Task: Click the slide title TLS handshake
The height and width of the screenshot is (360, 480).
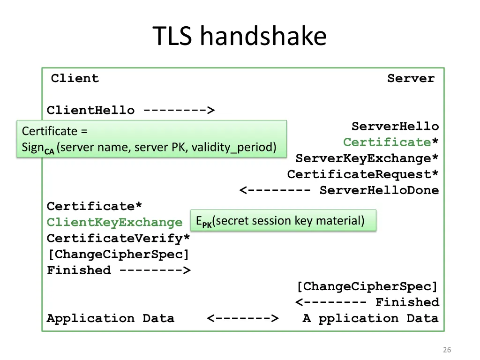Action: click(240, 37)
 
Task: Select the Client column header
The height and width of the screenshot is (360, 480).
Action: click(75, 78)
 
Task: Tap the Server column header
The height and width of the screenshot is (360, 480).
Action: click(411, 78)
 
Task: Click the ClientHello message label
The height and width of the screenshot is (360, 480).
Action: click(90, 111)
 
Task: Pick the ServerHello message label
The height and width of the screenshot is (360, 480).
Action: click(395, 127)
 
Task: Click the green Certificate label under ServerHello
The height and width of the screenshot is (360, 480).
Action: click(387, 142)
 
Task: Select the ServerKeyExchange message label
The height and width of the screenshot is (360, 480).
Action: click(367, 158)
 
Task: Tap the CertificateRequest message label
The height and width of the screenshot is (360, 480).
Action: click(363, 174)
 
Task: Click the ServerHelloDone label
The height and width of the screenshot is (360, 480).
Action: click(379, 190)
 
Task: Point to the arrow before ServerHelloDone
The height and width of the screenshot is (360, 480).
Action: click(275, 190)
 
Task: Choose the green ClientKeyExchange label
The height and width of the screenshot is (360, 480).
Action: click(114, 223)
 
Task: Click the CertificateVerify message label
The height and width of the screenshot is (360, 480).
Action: click(119, 239)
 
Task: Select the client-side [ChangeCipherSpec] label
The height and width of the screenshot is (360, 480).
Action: click(119, 255)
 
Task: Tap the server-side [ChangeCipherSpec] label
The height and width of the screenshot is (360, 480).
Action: click(367, 286)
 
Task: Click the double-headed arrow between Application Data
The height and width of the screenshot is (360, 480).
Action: click(242, 319)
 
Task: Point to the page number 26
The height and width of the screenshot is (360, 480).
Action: click(447, 350)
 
